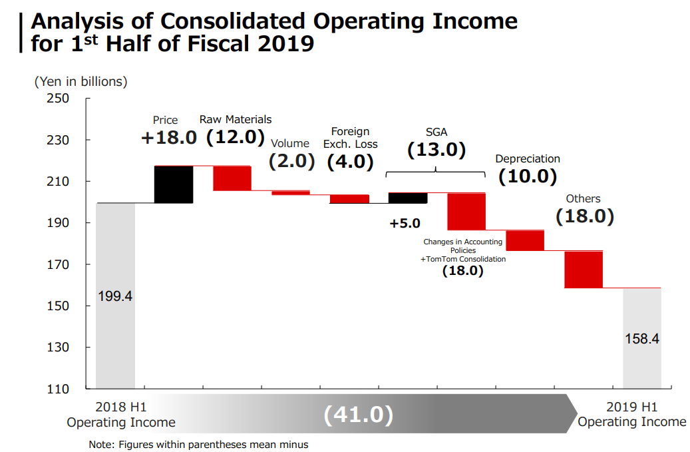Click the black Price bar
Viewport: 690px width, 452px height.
pyautogui.click(x=174, y=184)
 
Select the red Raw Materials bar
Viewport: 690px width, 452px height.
pyautogui.click(x=232, y=178)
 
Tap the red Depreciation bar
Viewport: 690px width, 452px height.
pyautogui.click(x=525, y=240)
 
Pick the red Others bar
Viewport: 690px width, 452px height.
pyautogui.click(x=584, y=270)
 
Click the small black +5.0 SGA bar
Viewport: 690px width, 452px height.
pyautogui.click(x=407, y=198)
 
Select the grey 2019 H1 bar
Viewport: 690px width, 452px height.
pyautogui.click(x=642, y=338)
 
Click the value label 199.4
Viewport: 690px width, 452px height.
pyautogui.click(x=115, y=296)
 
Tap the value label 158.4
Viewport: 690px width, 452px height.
pyautogui.click(x=642, y=338)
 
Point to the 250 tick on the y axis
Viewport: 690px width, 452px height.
pyautogui.click(x=59, y=99)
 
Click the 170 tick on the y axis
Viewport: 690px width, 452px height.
pyautogui.click(x=59, y=264)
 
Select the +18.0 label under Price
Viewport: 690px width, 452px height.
pyautogui.click(x=169, y=138)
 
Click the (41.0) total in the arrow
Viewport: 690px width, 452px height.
pyautogui.click(x=359, y=415)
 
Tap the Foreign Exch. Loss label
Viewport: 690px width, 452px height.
pyautogui.click(x=350, y=138)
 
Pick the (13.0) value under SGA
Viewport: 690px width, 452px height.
pyautogui.click(x=436, y=150)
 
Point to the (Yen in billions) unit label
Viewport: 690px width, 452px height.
pyautogui.click(x=81, y=82)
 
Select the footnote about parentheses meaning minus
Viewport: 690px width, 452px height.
pyautogui.click(x=198, y=444)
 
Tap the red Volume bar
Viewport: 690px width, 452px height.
pyautogui.click(x=290, y=193)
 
